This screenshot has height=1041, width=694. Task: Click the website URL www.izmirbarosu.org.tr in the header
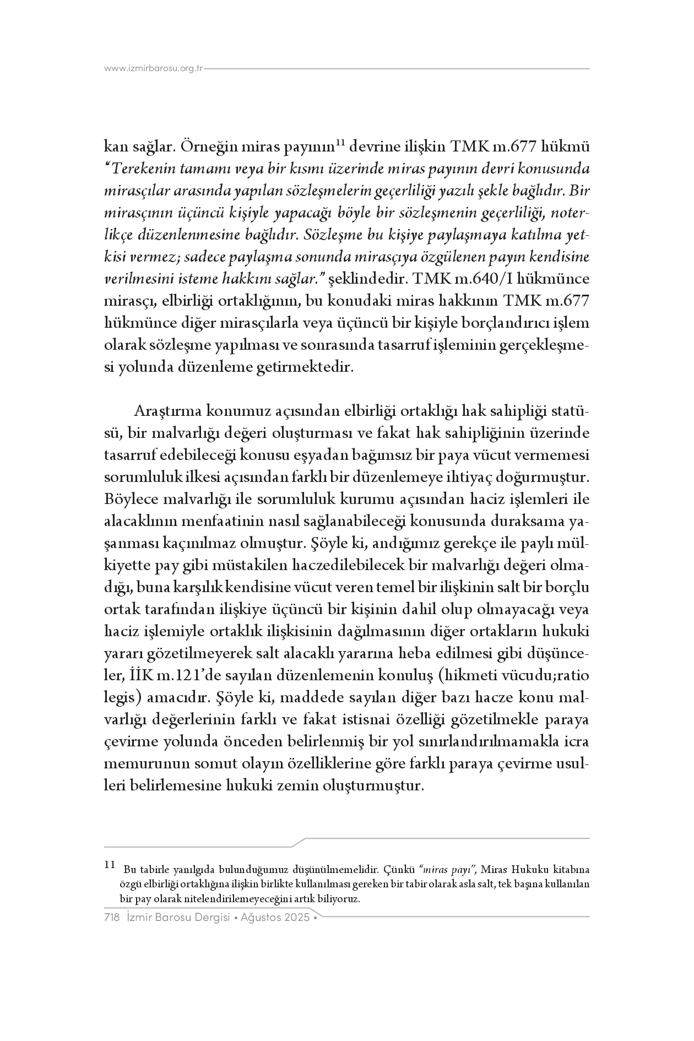tap(154, 69)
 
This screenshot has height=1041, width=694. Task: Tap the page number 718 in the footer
tap(112, 918)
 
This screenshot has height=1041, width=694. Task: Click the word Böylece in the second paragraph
tap(131, 500)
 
